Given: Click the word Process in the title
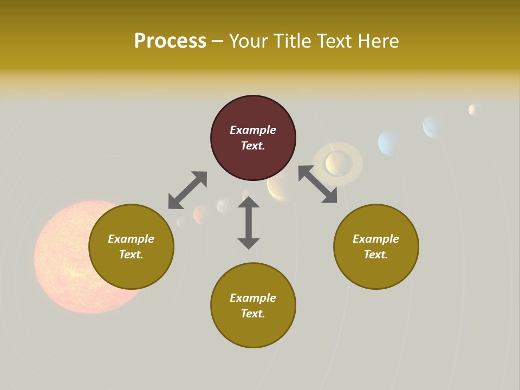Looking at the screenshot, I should [170, 41].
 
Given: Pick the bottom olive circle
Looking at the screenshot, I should [253, 330].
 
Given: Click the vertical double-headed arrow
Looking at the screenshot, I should [249, 223].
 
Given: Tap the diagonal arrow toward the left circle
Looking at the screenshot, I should [187, 190].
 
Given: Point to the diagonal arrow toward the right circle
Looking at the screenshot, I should [318, 184].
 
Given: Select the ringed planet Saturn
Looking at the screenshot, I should [338, 162].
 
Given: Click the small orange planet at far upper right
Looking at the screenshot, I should [474, 110].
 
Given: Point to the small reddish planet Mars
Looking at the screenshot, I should [201, 214].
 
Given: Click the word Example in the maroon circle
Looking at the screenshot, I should [253, 130].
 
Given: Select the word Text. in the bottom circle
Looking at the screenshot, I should [253, 314].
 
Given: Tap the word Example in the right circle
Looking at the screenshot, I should [376, 239].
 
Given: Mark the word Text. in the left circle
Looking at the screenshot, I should [131, 255].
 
